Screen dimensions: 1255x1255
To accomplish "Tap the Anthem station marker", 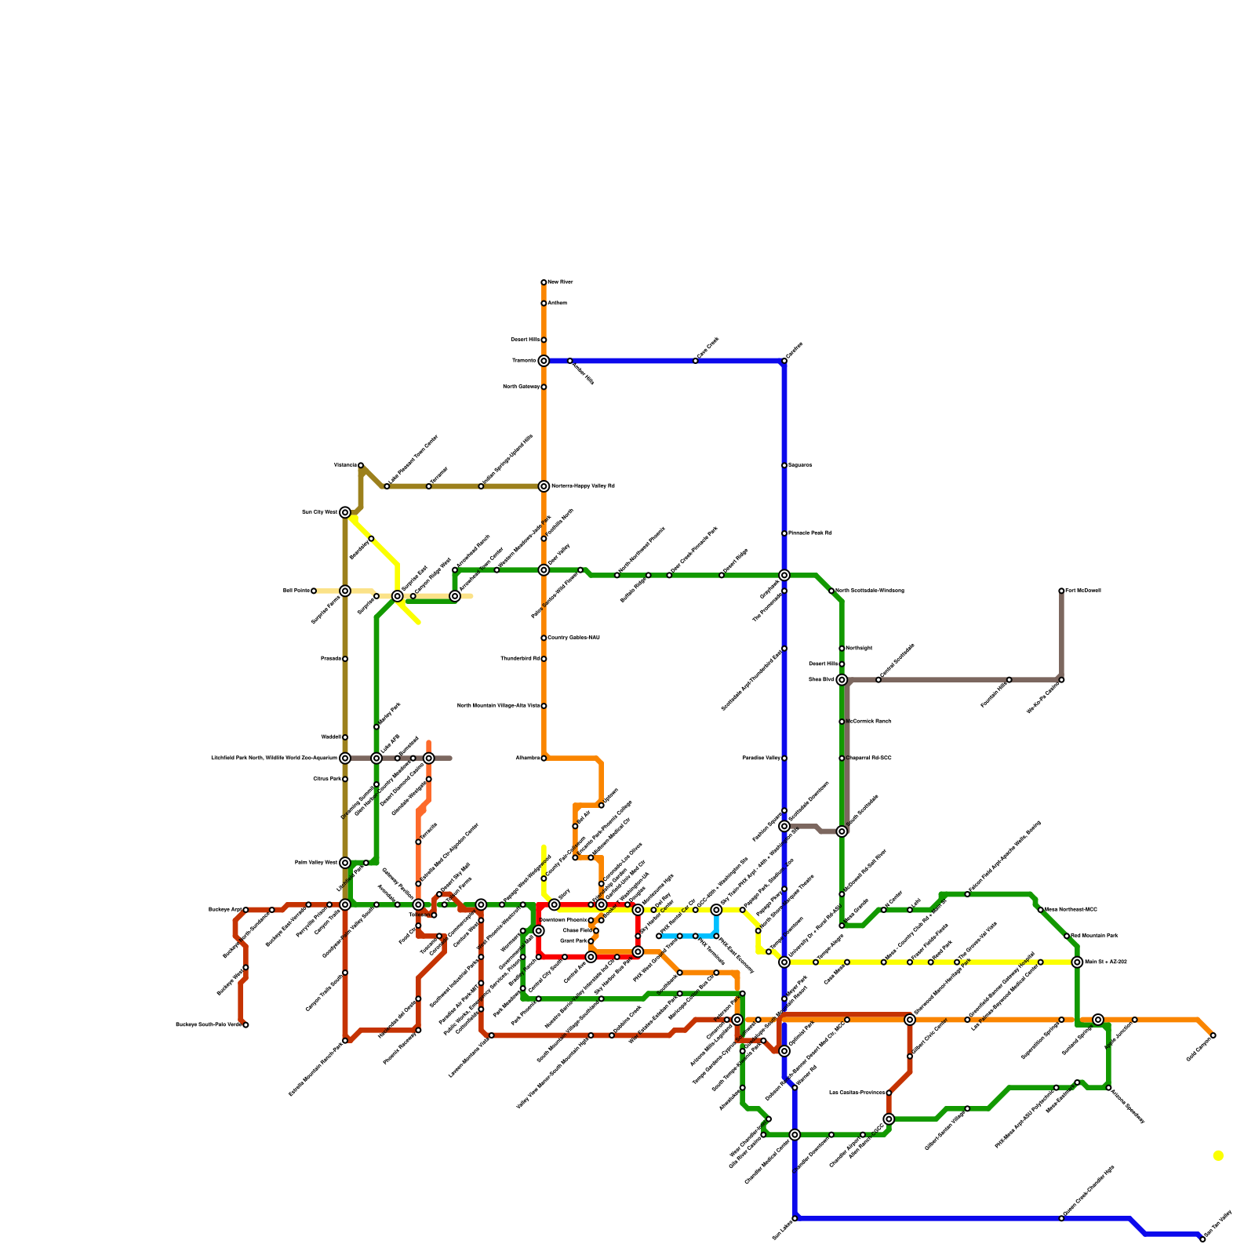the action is coord(544,304).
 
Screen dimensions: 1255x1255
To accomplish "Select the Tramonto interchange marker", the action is coord(544,361).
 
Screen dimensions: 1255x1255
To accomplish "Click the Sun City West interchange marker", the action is coord(345,512).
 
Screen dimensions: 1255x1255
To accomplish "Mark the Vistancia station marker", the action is coord(361,465).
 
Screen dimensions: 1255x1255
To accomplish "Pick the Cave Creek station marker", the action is coord(696,361).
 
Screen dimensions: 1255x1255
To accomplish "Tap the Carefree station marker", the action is coord(784,361).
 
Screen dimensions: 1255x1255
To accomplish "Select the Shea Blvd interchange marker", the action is coord(842,680).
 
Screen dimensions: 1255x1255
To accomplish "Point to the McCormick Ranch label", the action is coord(868,722).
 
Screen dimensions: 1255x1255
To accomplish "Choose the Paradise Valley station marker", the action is coord(784,758).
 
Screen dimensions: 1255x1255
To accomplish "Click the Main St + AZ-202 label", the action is coord(1105,962).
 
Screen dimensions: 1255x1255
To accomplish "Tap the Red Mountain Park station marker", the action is coord(1067,936).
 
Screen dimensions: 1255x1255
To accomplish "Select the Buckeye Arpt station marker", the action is coord(246,910).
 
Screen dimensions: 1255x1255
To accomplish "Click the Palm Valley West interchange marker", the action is coord(345,863).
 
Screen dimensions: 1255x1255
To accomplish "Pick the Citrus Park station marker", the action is coord(345,779).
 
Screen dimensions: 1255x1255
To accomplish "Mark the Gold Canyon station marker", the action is coord(1213,1035).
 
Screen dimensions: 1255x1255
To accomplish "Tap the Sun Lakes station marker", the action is coord(795,1218).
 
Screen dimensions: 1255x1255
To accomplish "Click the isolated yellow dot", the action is coord(1218,1155).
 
